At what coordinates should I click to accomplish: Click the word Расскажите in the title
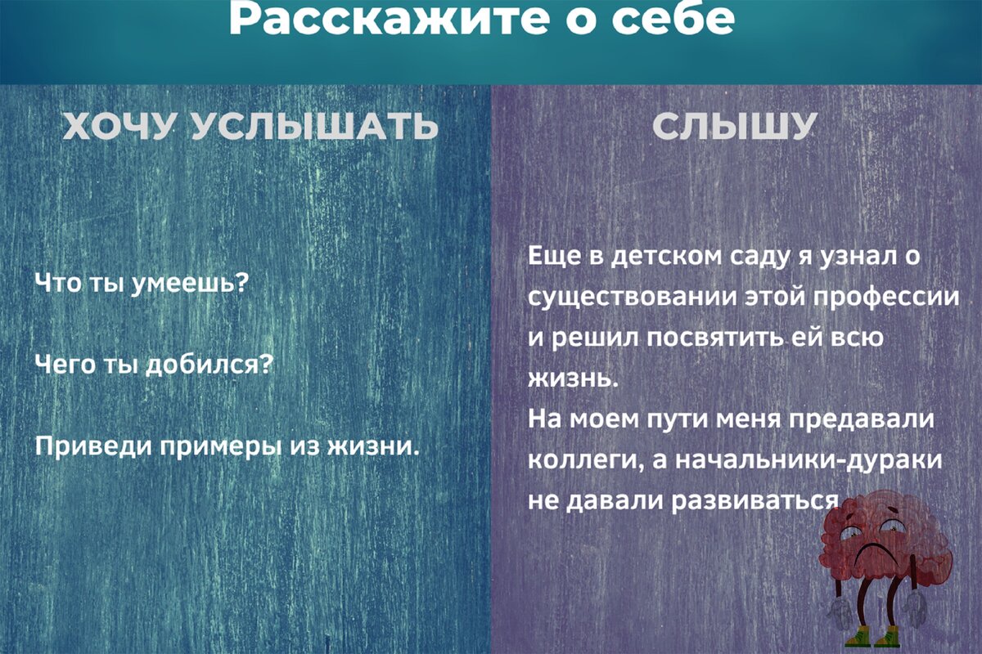389,20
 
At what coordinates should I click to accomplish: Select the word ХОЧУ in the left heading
118,126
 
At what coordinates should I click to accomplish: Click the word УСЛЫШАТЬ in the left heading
315,126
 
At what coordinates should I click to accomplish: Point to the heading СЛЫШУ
735,126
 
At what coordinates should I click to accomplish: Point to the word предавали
862,419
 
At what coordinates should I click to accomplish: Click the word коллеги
587,460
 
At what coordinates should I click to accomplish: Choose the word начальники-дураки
809,460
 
